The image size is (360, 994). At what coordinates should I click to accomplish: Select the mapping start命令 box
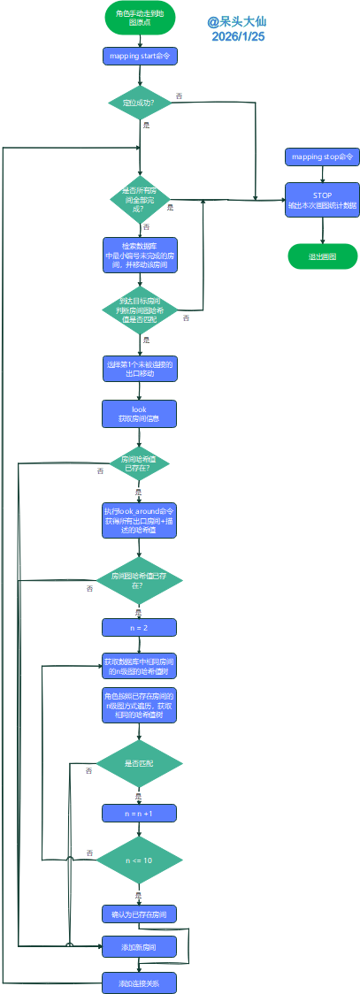[x=140, y=56]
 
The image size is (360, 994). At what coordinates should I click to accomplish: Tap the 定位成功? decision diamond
[x=140, y=103]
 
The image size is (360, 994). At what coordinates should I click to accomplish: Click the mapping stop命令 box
[x=322, y=157]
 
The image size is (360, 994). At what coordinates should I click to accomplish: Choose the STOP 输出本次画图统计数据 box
[x=322, y=199]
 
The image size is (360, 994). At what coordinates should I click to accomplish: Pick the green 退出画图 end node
[x=322, y=256]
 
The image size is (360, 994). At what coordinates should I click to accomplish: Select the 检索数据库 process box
[x=140, y=255]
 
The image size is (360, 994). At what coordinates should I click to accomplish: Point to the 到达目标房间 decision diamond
[x=140, y=310]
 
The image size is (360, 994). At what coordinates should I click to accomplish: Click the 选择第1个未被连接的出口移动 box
[x=140, y=369]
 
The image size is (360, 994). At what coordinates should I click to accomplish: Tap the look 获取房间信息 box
[x=140, y=414]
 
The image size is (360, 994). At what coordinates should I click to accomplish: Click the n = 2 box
[x=140, y=627]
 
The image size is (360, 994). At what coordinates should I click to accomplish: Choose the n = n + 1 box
[x=140, y=812]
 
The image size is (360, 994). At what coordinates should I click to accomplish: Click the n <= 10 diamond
[x=140, y=860]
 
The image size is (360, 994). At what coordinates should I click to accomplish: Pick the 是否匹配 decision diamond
[x=140, y=763]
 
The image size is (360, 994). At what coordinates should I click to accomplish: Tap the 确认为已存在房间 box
[x=140, y=913]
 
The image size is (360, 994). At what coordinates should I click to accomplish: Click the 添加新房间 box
[x=140, y=947]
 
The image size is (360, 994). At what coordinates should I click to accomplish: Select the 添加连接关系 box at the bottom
[x=140, y=983]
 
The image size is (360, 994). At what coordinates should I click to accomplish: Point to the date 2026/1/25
[x=238, y=37]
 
